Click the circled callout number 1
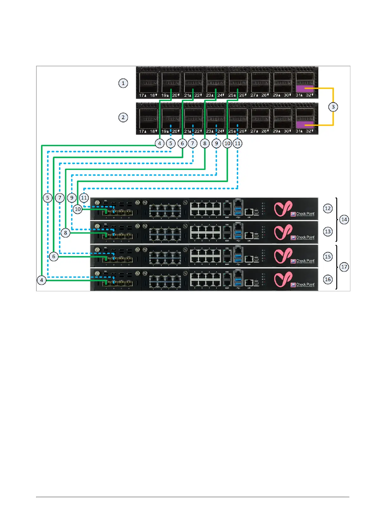[123, 83]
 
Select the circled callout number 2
[123, 118]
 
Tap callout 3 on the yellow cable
[333, 107]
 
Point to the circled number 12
[328, 209]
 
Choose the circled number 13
[328, 232]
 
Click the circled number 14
[344, 220]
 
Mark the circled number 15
[328, 257]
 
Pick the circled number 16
[328, 280]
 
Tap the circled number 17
[344, 267]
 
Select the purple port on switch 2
[305, 125]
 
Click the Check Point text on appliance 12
[305, 214]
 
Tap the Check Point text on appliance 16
[305, 284]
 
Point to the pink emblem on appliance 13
[283, 232]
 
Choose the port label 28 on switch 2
[264, 131]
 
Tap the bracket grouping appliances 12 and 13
[336, 220]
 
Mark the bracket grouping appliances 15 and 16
[336, 267]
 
